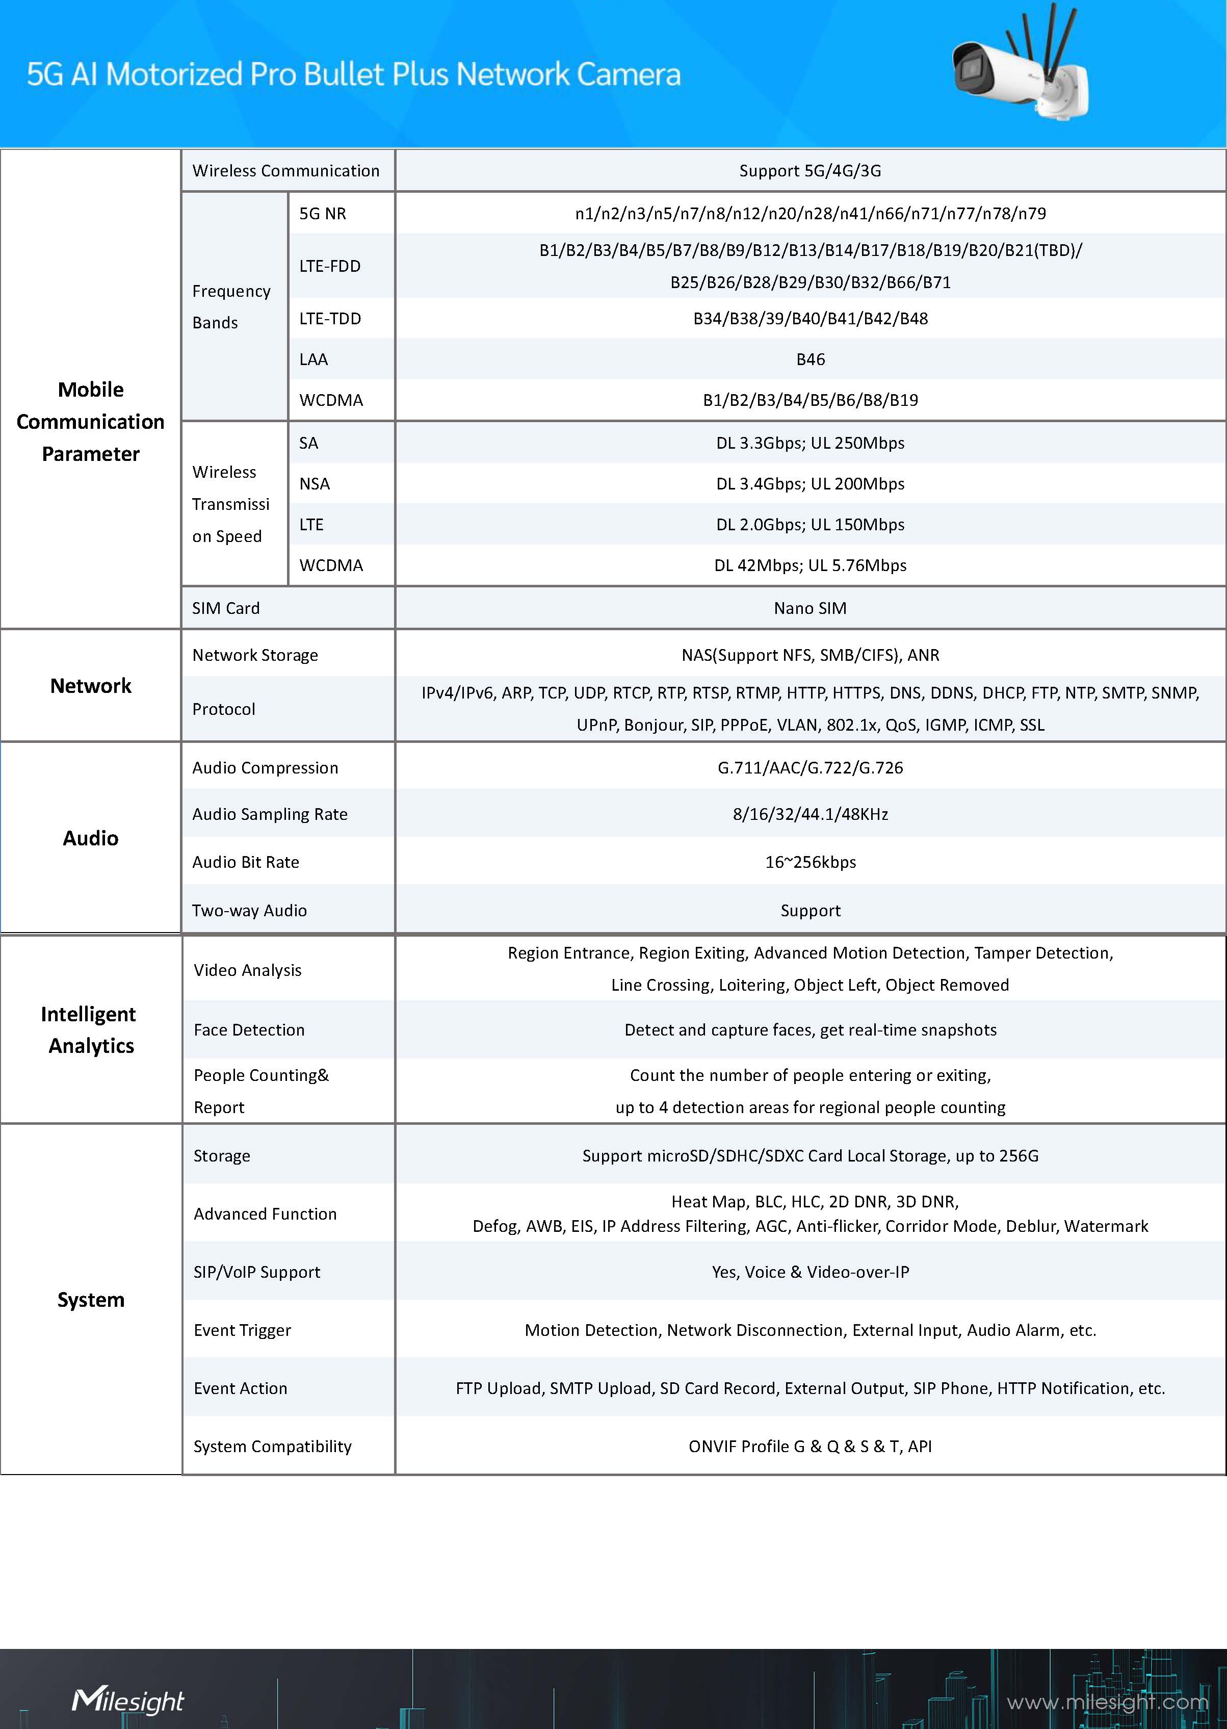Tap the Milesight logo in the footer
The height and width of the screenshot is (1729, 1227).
click(x=127, y=1699)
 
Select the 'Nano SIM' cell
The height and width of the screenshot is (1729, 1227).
click(x=810, y=608)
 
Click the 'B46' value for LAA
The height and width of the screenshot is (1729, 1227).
click(x=810, y=359)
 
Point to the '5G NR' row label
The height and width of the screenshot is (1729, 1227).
click(x=323, y=214)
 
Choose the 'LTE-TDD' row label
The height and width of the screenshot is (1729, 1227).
click(x=330, y=319)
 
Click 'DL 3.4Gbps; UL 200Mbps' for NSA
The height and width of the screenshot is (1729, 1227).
click(x=810, y=484)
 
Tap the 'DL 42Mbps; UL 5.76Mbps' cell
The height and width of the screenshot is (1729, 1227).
click(x=810, y=565)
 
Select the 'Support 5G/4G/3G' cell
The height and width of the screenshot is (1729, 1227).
click(x=810, y=171)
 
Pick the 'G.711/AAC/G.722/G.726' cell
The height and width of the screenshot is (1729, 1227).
click(x=810, y=768)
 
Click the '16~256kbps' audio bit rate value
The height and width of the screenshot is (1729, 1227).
click(x=810, y=862)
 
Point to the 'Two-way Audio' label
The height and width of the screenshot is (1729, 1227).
click(x=249, y=911)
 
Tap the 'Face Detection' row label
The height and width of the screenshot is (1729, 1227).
click(x=249, y=1030)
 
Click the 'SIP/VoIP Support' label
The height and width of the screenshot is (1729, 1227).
click(x=257, y=1272)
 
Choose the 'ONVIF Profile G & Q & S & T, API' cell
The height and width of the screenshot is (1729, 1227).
click(x=810, y=1447)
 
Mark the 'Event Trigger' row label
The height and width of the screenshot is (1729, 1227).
click(x=242, y=1330)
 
